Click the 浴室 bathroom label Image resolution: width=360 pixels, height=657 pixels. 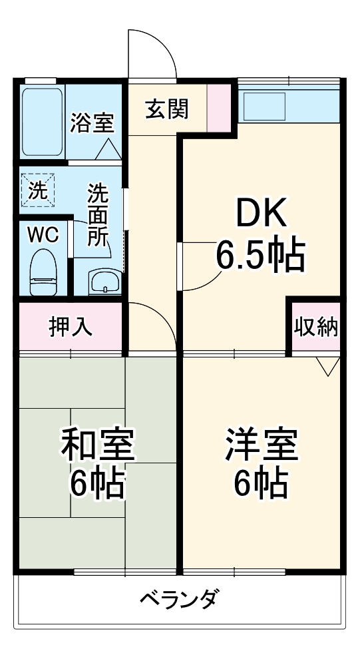coord(92,123)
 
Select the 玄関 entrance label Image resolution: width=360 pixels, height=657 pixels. coord(166,109)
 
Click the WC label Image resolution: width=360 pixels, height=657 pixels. coord(43,234)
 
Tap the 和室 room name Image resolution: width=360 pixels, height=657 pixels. coord(98,445)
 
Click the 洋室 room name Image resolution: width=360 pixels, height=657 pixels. coord(261,445)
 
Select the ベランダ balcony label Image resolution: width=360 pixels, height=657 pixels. coord(178,599)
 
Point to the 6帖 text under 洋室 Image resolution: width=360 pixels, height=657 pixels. coord(261,484)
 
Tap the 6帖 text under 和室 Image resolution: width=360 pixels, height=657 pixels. coord(98,484)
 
